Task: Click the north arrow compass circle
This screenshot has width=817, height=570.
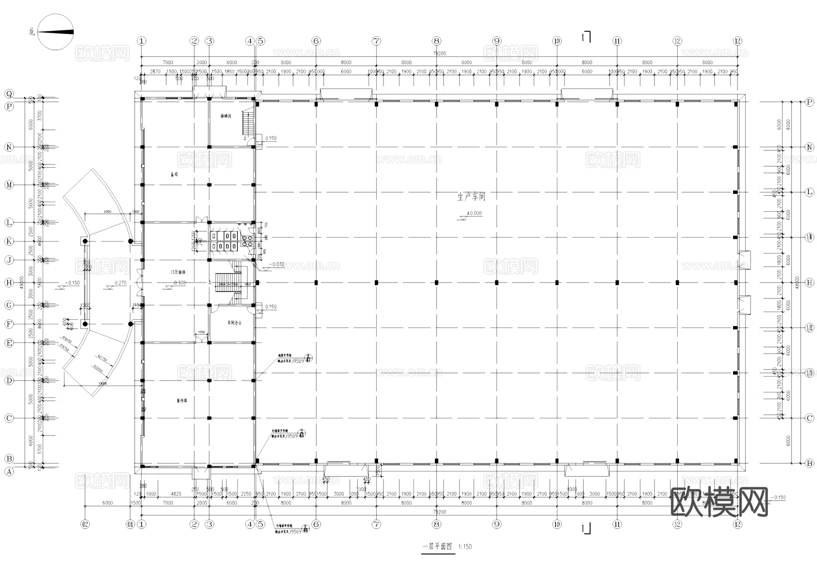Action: click(55, 32)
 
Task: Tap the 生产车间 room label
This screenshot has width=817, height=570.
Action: click(471, 197)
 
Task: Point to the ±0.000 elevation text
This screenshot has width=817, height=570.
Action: click(474, 213)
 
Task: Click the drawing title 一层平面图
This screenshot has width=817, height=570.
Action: click(437, 547)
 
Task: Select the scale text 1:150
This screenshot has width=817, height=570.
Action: click(465, 547)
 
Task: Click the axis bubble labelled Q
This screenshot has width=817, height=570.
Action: click(9, 94)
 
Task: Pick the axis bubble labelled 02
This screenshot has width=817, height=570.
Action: click(85, 525)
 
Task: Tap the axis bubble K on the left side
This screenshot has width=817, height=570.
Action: click(9, 241)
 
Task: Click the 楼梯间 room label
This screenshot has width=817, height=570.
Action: click(226, 116)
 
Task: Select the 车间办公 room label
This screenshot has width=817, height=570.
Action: click(234, 322)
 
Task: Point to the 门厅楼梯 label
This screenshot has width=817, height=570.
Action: click(178, 273)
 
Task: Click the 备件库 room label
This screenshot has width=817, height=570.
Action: click(182, 401)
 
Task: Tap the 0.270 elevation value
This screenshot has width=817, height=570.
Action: click(120, 283)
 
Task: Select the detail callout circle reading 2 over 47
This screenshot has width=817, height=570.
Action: click(308, 358)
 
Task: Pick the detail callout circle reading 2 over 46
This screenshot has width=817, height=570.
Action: click(305, 529)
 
